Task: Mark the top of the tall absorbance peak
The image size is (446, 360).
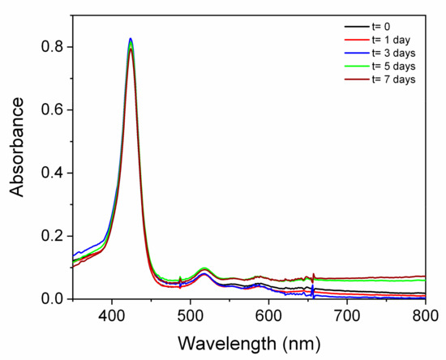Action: pyautogui.click(x=131, y=39)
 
